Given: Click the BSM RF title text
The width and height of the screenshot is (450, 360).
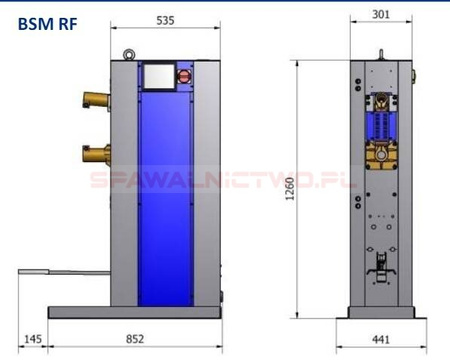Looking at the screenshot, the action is tap(47, 24).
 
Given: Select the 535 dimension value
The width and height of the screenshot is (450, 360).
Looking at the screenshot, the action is tap(165, 20).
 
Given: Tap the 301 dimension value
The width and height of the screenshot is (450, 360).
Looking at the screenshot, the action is tap(381, 14).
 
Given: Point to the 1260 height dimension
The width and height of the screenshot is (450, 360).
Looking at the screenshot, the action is tap(290, 189).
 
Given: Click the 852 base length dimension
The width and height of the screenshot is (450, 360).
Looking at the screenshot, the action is tap(135, 339).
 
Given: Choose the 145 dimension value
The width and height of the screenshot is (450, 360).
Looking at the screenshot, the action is tap(33, 339).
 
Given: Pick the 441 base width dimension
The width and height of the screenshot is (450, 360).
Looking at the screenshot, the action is tap(381, 339).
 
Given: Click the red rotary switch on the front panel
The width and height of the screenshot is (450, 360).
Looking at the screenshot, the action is tap(184, 76).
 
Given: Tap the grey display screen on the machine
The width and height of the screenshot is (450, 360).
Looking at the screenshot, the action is tap(159, 76).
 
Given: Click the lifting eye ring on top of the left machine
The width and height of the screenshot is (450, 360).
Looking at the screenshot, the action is tap(129, 54).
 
